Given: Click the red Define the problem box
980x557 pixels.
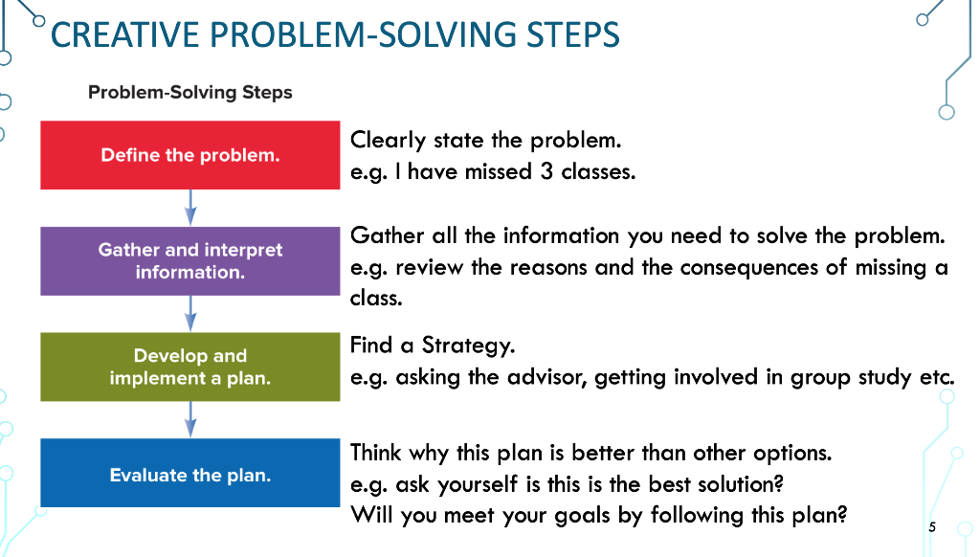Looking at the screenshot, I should click(189, 155).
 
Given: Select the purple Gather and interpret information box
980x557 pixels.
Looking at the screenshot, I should click(189, 260).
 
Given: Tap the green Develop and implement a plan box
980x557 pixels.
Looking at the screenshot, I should click(189, 367).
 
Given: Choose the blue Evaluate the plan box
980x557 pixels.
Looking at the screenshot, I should click(189, 474).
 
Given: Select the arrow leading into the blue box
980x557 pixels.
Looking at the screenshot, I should click(190, 419).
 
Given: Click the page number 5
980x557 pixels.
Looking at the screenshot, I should click(931, 527).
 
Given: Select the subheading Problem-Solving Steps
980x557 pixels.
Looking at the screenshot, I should click(189, 93).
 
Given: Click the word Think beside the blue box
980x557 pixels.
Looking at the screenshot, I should click(377, 452).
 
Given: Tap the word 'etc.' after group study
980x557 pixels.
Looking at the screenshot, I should click(938, 376).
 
